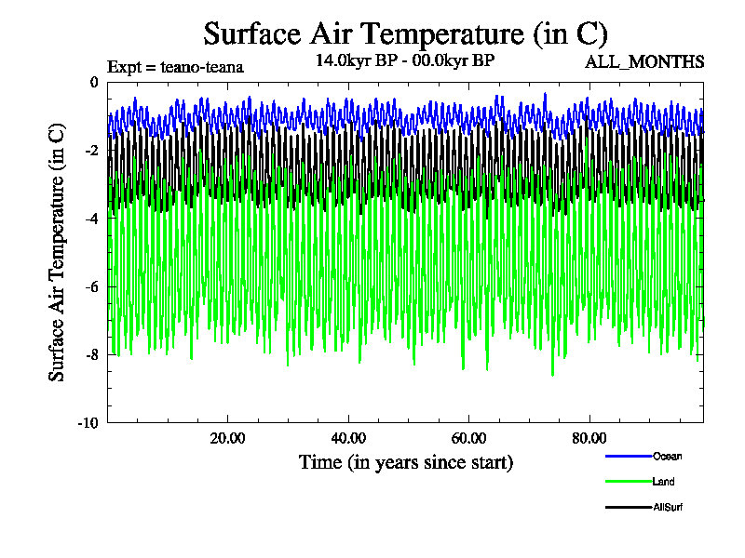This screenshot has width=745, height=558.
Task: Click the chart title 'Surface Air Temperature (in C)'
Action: click(405, 33)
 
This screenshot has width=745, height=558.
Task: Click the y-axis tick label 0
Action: click(93, 83)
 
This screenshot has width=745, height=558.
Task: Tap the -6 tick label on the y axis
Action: click(91, 286)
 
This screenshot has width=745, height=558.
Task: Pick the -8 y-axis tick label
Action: click(91, 354)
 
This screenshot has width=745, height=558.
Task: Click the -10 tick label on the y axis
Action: click(88, 422)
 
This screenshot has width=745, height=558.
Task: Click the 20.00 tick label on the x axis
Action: click(227, 438)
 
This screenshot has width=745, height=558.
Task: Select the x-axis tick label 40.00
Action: click(348, 438)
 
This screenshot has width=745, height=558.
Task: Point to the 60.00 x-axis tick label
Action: click(469, 438)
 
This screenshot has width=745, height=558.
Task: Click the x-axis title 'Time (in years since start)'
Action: click(405, 462)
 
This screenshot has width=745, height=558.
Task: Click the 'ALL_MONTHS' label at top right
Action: click(643, 62)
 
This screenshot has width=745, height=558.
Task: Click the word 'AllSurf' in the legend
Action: click(669, 507)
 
